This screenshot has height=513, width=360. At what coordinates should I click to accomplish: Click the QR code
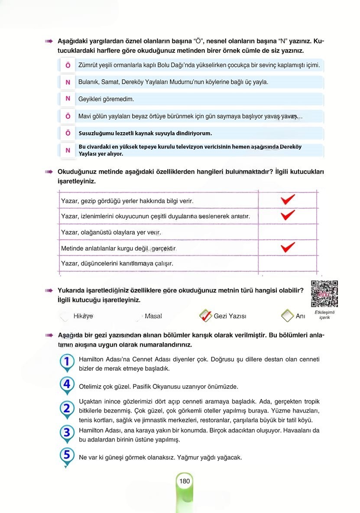(x=325, y=294)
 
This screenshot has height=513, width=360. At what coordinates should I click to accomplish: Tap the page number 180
(x=185, y=481)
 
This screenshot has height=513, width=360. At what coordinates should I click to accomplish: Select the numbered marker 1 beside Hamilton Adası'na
(x=67, y=361)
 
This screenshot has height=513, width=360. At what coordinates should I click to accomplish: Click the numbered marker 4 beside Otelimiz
(x=67, y=384)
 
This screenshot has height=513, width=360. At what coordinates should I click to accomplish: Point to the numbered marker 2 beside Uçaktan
(x=67, y=408)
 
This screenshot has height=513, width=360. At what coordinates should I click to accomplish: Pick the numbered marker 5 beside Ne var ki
(x=67, y=455)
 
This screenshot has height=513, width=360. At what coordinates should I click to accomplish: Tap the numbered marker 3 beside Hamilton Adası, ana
(x=67, y=432)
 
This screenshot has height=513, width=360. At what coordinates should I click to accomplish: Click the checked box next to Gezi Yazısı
(x=205, y=316)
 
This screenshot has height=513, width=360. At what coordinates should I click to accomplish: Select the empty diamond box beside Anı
(x=287, y=316)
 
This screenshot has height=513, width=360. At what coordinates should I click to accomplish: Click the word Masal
(x=153, y=316)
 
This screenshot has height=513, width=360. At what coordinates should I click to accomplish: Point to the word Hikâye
(x=83, y=316)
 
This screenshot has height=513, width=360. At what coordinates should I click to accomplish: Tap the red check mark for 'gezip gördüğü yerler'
(x=288, y=200)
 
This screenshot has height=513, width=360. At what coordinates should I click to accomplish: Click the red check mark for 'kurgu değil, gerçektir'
(x=288, y=247)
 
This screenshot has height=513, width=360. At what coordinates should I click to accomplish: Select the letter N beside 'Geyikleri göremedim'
(x=68, y=99)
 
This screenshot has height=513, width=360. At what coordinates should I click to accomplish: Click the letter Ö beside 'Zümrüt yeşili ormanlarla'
(x=68, y=65)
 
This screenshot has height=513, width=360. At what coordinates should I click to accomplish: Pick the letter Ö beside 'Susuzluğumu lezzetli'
(x=68, y=133)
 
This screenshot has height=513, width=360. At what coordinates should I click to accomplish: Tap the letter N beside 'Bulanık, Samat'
(x=68, y=82)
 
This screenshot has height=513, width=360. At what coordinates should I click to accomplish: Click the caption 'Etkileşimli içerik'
(x=325, y=315)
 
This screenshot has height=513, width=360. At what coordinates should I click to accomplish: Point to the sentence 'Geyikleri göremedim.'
(x=106, y=99)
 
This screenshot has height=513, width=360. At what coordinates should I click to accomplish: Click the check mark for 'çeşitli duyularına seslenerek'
(x=288, y=215)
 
